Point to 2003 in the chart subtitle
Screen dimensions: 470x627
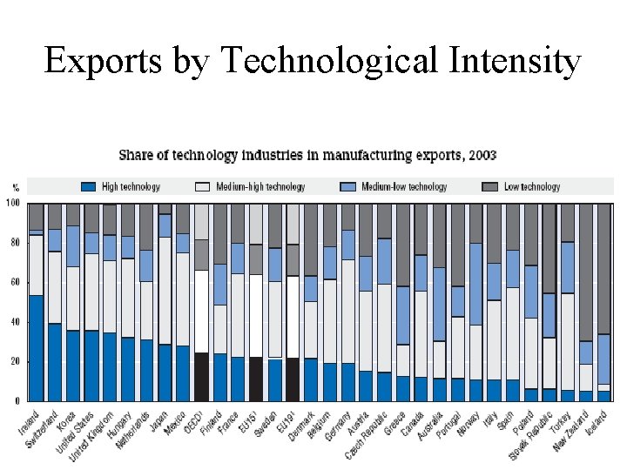pos(481,156)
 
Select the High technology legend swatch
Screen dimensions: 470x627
pos(87,186)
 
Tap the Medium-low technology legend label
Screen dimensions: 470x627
pos(404,186)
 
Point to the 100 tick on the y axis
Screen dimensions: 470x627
pos(13,204)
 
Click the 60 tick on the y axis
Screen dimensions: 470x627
pos(15,283)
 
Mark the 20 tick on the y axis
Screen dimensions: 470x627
pos(15,361)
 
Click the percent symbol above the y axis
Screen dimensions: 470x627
pos(15,187)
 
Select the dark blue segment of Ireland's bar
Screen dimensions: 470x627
pos(36,348)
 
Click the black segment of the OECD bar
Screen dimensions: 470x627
pos(201,376)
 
